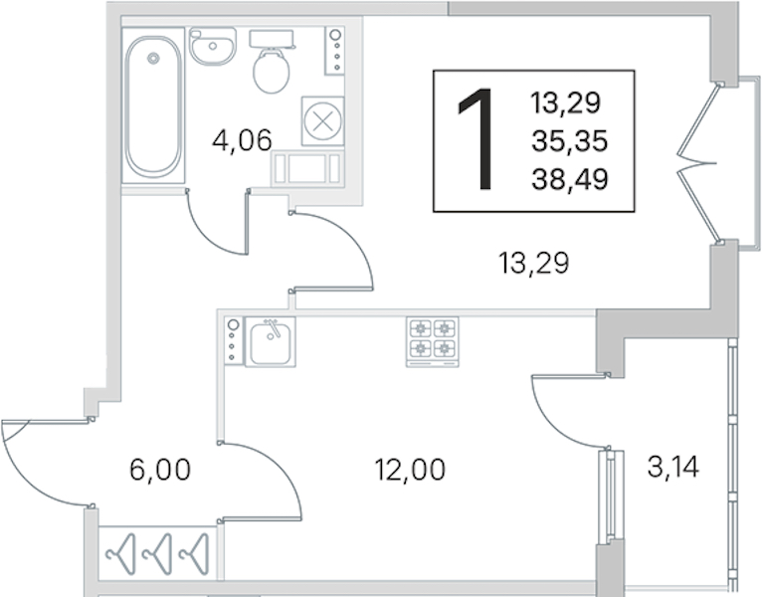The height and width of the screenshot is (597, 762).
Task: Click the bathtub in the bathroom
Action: tap(153, 105)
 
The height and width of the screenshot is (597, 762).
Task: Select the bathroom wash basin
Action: tap(213, 46)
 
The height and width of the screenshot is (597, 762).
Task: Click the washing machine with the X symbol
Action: tap(322, 121)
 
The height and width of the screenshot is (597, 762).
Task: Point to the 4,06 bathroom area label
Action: tap(242, 141)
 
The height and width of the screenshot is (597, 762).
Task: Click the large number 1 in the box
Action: tap(476, 139)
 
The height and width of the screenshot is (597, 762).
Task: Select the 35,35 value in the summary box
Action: tap(570, 141)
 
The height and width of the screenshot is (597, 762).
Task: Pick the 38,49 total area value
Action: tap(570, 179)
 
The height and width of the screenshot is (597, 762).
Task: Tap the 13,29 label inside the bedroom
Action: tap(533, 264)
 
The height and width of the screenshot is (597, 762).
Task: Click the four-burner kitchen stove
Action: tap(432, 342)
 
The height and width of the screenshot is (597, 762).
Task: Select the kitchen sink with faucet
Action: tap(271, 341)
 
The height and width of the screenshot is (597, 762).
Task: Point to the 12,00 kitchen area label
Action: tap(410, 470)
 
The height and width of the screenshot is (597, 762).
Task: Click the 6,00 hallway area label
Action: tap(160, 470)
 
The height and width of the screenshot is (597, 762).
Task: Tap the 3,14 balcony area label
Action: tap(673, 468)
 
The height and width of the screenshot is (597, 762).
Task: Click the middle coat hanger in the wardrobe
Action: tap(158, 554)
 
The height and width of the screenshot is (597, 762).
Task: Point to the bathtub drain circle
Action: tap(154, 59)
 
